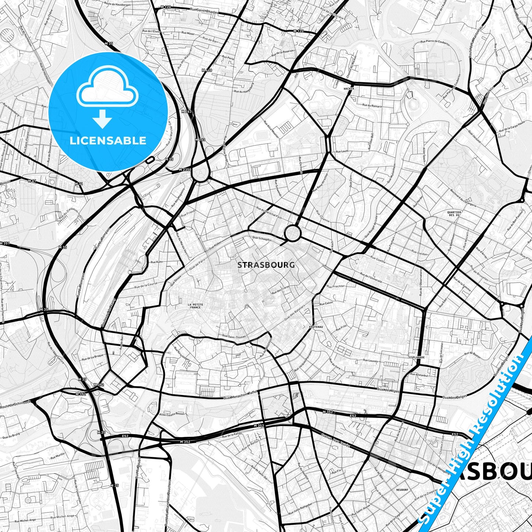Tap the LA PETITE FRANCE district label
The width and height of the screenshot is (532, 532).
(195, 306)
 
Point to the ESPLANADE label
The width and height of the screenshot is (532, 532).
(417, 357)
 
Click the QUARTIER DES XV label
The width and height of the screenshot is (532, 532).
(454, 214)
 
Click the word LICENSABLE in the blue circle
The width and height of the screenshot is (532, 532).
(108, 141)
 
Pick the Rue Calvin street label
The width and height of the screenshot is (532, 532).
(326, 303)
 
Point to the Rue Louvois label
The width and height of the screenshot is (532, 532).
(370, 361)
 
